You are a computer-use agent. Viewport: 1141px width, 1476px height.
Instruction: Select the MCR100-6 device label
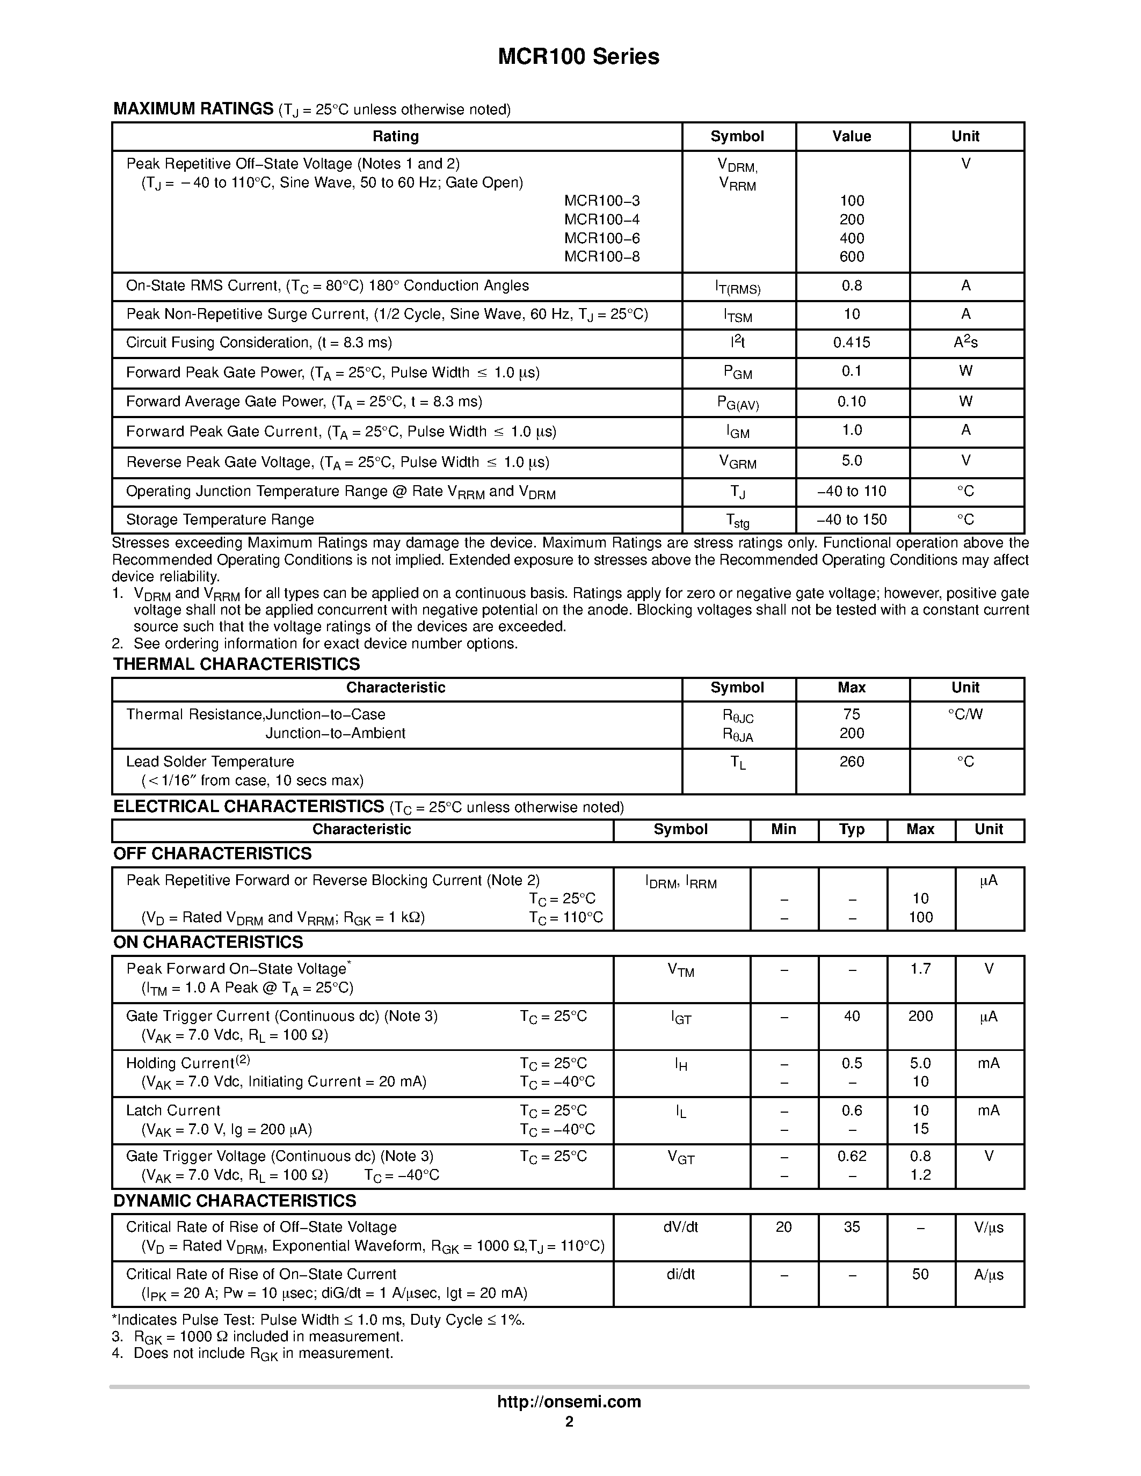point(601,238)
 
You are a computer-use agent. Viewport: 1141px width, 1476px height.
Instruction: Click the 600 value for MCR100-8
point(852,257)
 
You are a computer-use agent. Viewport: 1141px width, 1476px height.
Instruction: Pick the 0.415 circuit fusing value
point(852,342)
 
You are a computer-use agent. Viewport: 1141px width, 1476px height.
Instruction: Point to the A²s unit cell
point(965,342)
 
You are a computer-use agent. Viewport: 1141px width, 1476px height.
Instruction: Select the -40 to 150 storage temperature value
point(852,520)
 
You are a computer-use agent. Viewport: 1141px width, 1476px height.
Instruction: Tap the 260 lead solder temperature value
point(852,762)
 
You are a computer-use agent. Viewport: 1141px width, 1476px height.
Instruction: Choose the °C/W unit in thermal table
point(965,714)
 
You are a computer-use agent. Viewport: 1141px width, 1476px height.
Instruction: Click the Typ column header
point(852,829)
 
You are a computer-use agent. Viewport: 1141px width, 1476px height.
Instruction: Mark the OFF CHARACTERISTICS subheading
point(212,853)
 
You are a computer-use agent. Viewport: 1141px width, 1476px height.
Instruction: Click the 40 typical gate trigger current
point(852,1017)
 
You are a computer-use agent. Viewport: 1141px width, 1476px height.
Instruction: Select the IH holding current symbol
point(681,1064)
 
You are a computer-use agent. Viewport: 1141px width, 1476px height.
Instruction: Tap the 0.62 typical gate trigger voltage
point(852,1156)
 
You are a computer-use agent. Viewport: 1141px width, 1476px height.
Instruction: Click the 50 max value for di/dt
point(921,1275)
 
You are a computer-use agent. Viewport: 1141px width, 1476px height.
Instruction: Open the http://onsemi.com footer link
point(569,1401)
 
